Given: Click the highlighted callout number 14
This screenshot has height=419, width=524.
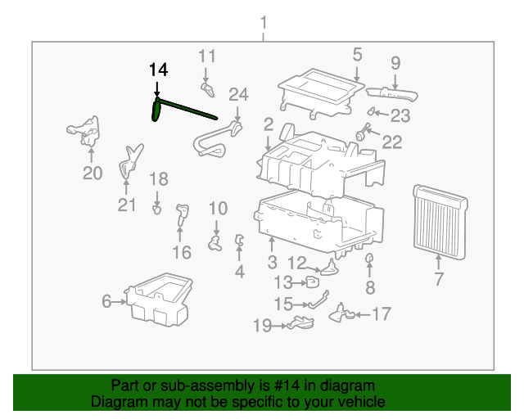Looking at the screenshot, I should click(x=158, y=70).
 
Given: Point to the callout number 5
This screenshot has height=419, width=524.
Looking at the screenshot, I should click(x=357, y=55).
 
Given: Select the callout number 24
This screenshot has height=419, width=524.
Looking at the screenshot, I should click(x=238, y=94).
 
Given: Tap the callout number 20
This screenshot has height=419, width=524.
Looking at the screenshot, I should click(x=93, y=173).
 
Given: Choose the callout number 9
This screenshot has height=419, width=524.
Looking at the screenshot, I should click(x=395, y=62).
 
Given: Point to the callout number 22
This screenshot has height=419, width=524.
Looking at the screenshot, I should click(x=392, y=142).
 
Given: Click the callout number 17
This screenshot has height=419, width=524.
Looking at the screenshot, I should click(x=382, y=313).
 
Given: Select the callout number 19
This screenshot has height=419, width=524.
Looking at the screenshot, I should click(x=262, y=327).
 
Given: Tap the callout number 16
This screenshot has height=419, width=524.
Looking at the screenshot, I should click(x=181, y=252).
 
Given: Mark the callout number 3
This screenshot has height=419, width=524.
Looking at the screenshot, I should click(x=272, y=262).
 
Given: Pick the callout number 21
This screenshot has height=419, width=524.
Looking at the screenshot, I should click(x=126, y=205).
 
